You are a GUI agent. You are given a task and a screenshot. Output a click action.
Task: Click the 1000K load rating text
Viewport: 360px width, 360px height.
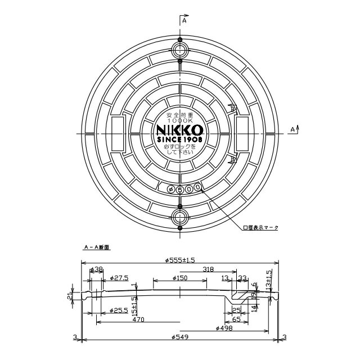[x=180, y=120]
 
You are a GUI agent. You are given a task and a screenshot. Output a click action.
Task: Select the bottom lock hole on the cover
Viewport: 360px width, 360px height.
[x=180, y=217]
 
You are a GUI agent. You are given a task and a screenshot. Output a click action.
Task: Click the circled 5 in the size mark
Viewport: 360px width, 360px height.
[x=179, y=190]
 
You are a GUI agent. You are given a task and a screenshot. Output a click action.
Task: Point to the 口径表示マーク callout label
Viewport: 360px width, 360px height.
[x=260, y=228]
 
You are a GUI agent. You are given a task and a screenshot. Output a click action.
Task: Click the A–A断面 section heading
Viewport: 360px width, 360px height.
[x=96, y=246]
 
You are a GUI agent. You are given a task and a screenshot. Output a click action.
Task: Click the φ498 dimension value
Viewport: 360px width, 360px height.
[x=225, y=328]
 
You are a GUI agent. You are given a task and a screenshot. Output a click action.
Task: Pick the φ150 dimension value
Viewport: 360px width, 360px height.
[x=179, y=278]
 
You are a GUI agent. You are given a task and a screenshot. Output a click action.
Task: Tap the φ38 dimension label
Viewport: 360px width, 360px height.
[x=97, y=269]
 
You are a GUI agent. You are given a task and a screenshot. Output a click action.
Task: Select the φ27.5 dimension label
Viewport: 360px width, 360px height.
[x=120, y=278]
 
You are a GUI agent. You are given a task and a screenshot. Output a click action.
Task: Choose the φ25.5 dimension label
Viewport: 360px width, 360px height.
[x=120, y=310]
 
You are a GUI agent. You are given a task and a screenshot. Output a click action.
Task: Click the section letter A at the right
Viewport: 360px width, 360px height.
[x=292, y=129]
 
